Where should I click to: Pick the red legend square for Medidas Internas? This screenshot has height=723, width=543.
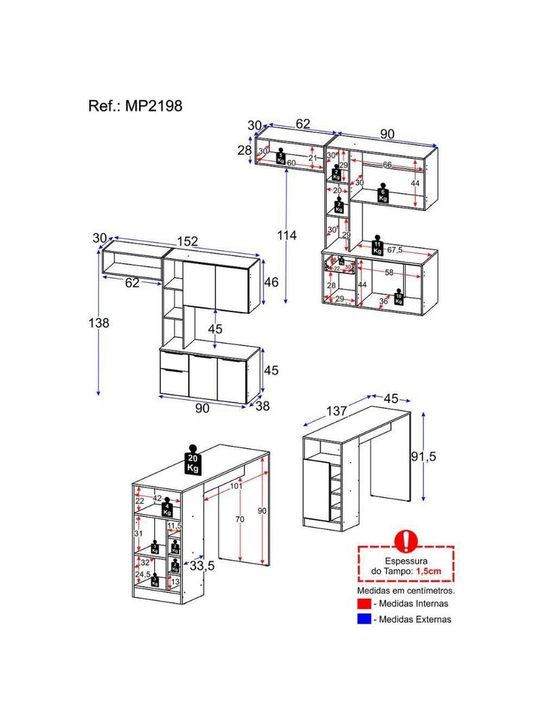click(364, 604)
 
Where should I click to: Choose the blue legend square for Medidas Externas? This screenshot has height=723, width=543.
click(364, 619)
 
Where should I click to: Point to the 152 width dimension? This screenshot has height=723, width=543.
click(188, 241)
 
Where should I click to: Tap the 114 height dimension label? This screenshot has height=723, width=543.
click(286, 235)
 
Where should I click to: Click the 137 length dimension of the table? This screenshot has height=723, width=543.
click(336, 412)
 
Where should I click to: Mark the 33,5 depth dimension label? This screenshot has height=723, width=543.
click(202, 566)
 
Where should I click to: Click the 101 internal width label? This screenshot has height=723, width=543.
click(236, 486)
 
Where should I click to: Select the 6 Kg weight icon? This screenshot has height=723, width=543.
click(383, 194)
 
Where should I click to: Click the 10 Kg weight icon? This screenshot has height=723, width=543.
click(398, 298)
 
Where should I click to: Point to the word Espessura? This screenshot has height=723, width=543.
click(406, 561)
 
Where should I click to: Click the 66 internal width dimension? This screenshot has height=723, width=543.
click(386, 165)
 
